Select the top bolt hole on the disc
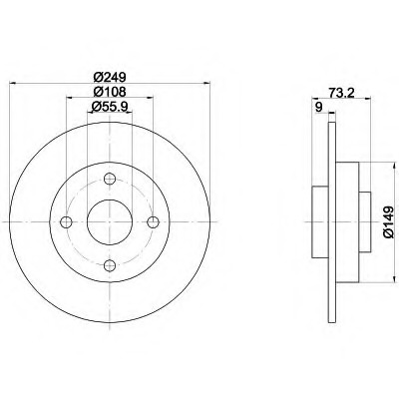(x=110, y=181)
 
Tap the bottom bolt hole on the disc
(x=110, y=264)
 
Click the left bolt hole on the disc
(x=68, y=222)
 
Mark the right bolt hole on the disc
(x=152, y=222)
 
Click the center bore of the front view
(x=110, y=222)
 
